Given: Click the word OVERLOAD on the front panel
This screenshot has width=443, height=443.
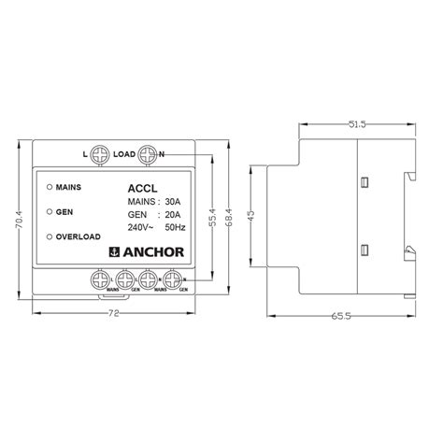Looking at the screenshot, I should [79, 237].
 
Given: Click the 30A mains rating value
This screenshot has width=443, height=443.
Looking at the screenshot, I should [172, 201].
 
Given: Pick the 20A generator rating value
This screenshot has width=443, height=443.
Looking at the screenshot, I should [172, 214].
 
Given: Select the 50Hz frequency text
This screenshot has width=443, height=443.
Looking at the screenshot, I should [175, 227].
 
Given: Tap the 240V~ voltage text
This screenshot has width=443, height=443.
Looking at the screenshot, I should [139, 227].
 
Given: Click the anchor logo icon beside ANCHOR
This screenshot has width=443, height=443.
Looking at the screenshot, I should [116, 250].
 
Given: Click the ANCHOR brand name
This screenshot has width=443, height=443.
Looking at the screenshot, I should [153, 250].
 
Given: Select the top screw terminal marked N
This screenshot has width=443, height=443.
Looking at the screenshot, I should [148, 153].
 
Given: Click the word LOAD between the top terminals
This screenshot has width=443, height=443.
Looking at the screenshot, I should [124, 154].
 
